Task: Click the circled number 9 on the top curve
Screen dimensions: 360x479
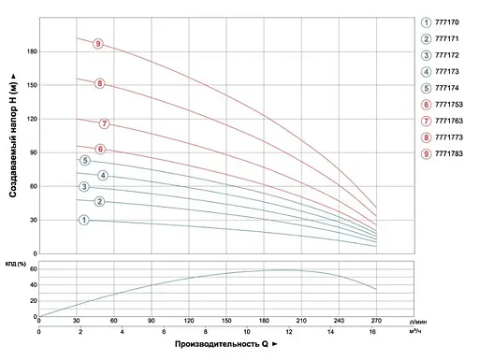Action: pos(97,44)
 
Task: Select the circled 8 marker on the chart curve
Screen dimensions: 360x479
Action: pos(100,84)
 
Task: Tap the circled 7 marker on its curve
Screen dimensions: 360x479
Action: pos(104,123)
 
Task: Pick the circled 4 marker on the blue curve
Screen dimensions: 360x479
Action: pos(103,176)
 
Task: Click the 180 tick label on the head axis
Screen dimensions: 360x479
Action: pos(31,51)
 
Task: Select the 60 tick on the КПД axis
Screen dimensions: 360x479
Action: pos(33,270)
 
